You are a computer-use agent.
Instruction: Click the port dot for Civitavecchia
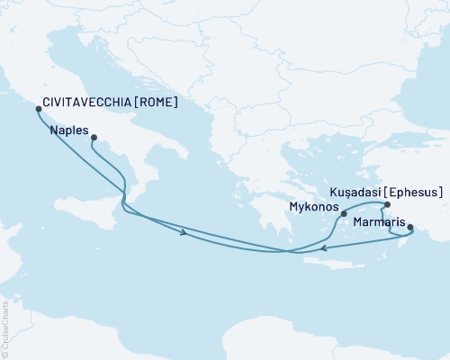38,109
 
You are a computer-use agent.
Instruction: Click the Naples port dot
93,138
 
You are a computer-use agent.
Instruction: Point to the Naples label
69,130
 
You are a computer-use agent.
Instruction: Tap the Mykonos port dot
344,214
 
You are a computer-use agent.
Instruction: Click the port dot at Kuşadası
387,205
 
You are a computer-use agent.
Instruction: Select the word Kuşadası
355,192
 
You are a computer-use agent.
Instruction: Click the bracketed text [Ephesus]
415,192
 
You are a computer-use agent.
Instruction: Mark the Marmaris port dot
410,239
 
